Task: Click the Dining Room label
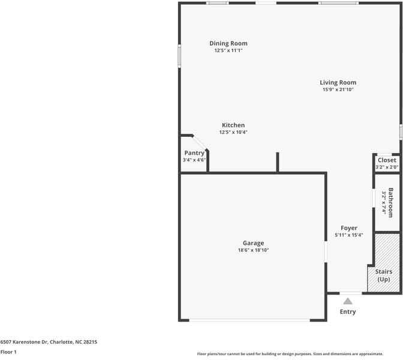228,43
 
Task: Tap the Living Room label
338,82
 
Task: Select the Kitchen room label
233,125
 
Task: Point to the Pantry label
194,153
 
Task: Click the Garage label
253,243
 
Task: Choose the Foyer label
349,228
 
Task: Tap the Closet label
387,160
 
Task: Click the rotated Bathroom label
390,203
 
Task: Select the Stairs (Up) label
384,275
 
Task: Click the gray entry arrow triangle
348,301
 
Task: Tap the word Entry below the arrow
348,312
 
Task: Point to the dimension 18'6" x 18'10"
253,250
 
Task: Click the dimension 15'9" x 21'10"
338,89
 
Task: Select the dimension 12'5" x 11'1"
228,50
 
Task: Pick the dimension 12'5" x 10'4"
233,132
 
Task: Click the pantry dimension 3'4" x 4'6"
194,160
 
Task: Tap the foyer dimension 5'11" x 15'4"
349,235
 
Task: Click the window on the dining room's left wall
179,55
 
